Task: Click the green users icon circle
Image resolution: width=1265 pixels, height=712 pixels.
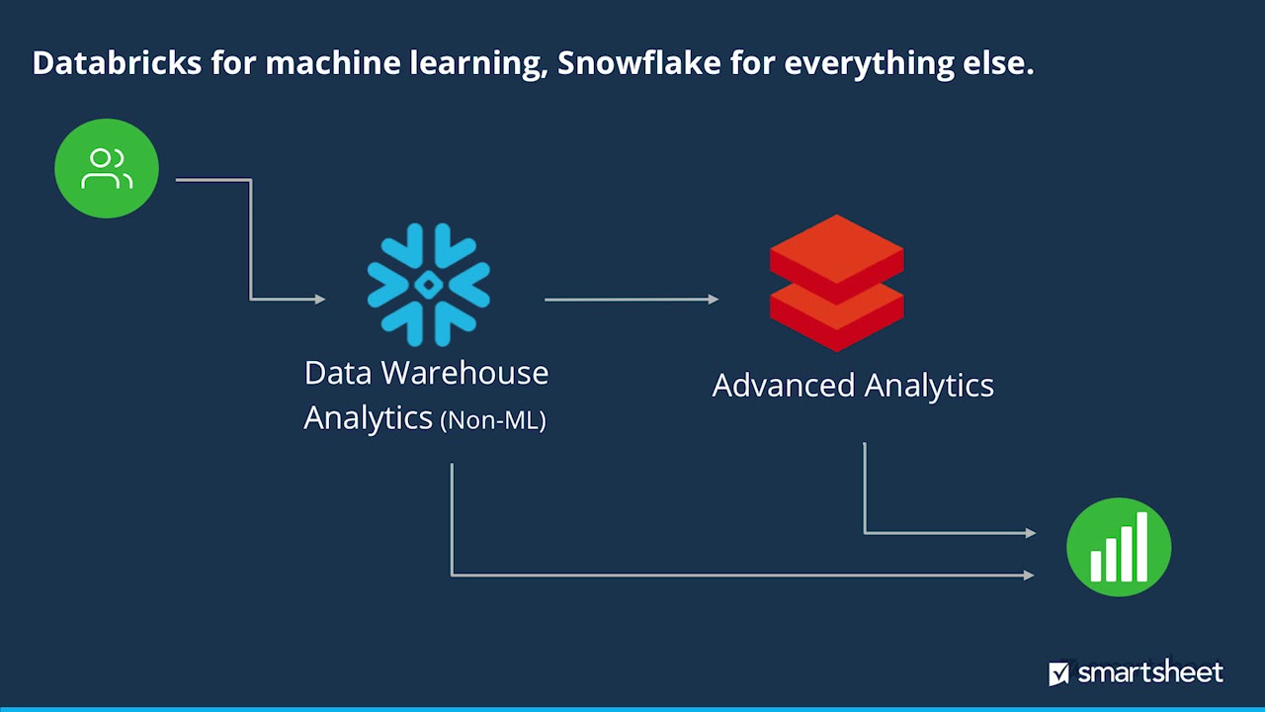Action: pos(107,168)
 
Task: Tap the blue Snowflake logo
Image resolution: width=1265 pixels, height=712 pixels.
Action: pos(428,285)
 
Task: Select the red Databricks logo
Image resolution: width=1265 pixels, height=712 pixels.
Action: pos(836,283)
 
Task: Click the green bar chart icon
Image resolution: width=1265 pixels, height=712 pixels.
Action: pos(1119,547)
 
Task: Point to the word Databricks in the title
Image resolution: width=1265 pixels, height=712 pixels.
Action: pos(117,63)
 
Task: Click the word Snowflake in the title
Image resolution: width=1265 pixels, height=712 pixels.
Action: pos(639,63)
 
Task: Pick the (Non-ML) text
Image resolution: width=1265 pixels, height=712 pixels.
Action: pos(493,419)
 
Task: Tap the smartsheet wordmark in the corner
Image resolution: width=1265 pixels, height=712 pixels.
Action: pos(1150,673)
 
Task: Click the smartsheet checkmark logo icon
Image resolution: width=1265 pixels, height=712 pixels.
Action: pos(1058,674)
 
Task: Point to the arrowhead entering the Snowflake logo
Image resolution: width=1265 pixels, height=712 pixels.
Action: pos(320,299)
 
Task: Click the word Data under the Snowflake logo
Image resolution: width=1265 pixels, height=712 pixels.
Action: pos(339,373)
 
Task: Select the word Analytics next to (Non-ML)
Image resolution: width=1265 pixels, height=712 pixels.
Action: pos(368,417)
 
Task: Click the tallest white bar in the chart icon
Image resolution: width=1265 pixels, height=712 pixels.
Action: pos(1142,546)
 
